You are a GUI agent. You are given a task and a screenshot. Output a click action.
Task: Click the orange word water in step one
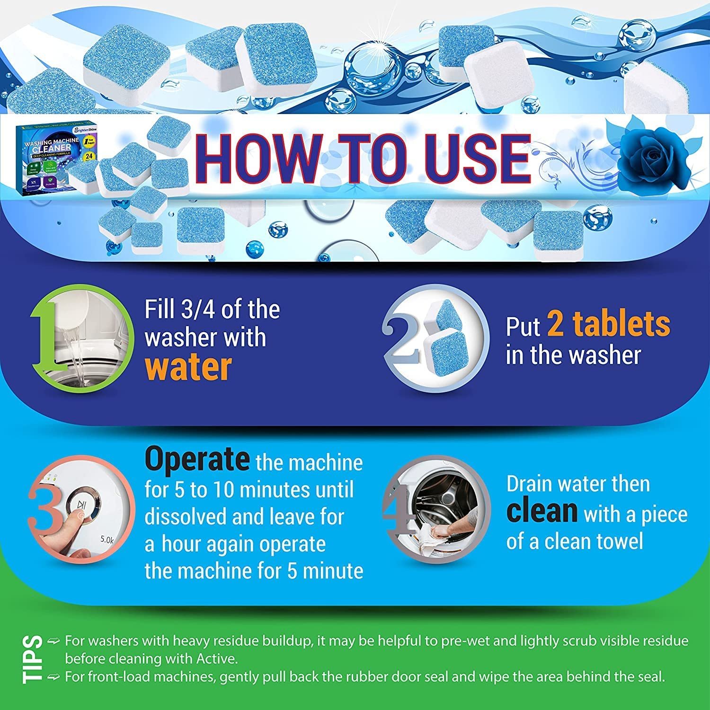pos(188,367)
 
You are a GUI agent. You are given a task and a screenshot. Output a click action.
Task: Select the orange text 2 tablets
pos(609,324)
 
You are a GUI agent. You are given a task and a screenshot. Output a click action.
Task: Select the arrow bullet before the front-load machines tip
pos(54,677)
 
